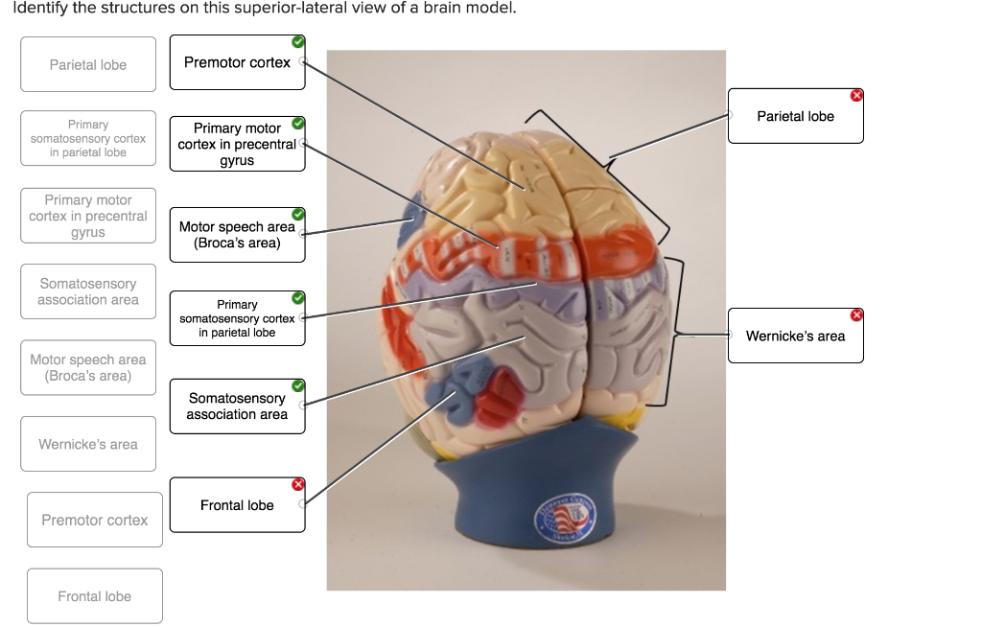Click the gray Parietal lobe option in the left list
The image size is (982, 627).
pos(88,65)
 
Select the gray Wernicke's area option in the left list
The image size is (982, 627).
pos(88,444)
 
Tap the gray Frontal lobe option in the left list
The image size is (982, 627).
pos(94,596)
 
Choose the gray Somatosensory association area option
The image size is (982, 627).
pos(88,291)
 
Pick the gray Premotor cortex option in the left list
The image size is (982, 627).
pos(94,520)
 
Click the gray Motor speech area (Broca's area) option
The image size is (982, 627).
pos(88,367)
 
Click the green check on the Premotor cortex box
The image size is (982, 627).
pos(298,41)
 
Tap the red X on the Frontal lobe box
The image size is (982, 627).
pos(298,484)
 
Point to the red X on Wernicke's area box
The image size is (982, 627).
pos(856,314)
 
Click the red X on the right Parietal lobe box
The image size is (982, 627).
pos(856,94)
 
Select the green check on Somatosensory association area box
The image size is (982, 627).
pos(298,385)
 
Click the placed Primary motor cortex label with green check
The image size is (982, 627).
pos(237,144)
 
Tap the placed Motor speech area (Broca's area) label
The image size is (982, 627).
pos(237,235)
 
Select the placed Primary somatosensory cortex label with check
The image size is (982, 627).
pos(237,318)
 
